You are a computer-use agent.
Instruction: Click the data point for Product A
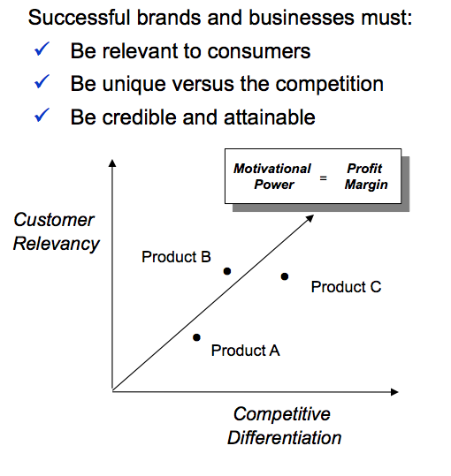196,337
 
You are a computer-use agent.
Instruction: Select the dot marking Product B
227,271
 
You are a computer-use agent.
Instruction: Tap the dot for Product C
285,276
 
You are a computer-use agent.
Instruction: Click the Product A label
245,351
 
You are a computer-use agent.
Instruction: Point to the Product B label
176,257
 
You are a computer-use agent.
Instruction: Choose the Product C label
346,287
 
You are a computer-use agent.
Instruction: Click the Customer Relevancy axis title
56,231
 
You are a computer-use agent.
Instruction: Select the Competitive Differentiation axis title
284,426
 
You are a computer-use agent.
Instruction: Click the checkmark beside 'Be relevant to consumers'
42,49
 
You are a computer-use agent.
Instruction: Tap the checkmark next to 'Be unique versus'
42,81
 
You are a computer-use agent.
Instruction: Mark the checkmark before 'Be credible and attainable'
42,115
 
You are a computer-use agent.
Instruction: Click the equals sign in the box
324,178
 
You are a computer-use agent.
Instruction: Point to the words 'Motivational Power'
272,177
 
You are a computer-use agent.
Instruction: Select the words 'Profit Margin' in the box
366,177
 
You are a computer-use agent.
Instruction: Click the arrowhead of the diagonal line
310,218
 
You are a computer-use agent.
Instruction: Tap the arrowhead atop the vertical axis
112,163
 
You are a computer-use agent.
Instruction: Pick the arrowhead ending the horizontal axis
394,392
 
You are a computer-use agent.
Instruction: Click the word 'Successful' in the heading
79,18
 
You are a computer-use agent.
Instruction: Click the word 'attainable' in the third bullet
270,117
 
